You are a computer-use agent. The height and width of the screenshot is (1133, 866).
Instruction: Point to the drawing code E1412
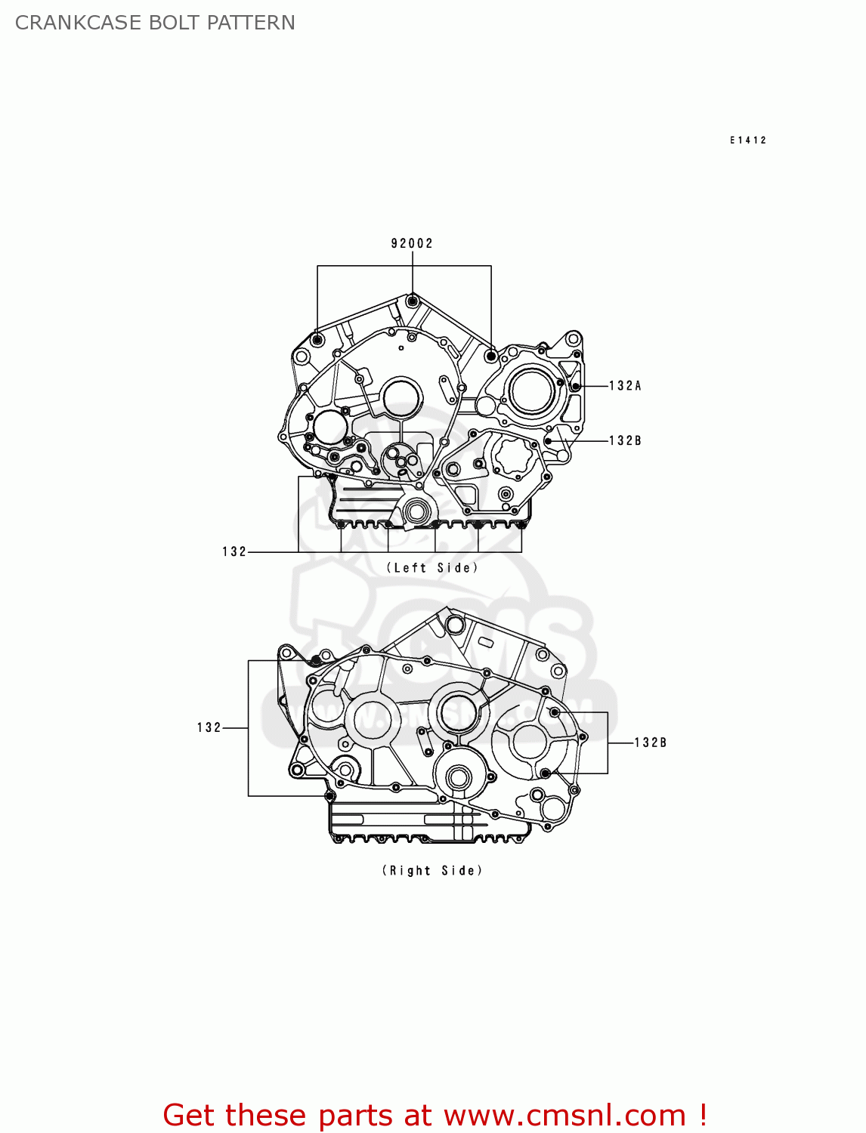tap(748, 140)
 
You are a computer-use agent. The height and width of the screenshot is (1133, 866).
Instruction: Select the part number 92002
tap(412, 243)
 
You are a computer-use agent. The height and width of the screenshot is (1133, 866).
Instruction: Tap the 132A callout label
tap(625, 386)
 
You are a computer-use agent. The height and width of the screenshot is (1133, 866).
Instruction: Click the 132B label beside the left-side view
tap(625, 441)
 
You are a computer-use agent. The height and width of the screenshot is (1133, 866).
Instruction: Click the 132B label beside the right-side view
tap(650, 742)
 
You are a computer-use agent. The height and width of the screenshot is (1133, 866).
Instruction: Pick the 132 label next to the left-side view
tap(234, 552)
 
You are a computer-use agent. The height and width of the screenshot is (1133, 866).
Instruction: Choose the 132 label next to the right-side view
tap(209, 728)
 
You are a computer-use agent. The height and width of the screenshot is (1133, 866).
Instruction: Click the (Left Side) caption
tap(432, 568)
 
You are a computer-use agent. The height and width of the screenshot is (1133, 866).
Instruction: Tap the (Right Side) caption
tap(432, 871)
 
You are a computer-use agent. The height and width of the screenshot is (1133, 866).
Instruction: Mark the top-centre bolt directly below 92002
tap(412, 302)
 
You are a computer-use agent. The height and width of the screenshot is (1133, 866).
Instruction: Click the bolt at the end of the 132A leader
tap(575, 386)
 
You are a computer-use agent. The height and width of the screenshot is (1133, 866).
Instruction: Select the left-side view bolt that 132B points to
tap(549, 440)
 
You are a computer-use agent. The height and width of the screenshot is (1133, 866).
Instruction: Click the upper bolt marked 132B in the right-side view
tap(554, 712)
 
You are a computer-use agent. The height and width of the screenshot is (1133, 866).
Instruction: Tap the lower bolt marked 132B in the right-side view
tap(545, 773)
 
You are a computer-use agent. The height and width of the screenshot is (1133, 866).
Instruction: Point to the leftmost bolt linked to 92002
tap(317, 340)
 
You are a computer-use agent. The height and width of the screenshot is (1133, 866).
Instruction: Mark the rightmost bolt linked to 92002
tap(491, 355)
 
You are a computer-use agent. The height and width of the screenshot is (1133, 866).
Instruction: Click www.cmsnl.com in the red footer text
tap(564, 1115)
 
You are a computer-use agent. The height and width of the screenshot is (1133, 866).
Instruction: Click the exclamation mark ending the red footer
tap(702, 1115)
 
